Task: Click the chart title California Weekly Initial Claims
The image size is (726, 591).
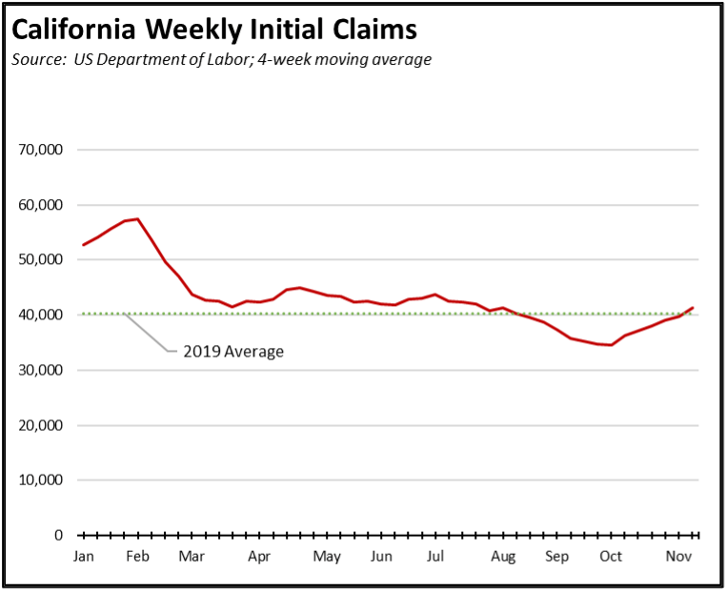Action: pyautogui.click(x=214, y=30)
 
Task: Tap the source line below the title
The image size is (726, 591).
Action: pyautogui.click(x=222, y=60)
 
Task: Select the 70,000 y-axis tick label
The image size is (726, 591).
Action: pyautogui.click(x=40, y=150)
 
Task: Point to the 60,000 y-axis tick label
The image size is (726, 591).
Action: pyautogui.click(x=40, y=205)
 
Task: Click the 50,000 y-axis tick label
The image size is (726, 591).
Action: pyautogui.click(x=40, y=259)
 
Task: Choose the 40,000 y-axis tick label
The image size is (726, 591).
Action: pyautogui.click(x=40, y=315)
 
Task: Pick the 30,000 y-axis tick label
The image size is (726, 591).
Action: pyautogui.click(x=40, y=370)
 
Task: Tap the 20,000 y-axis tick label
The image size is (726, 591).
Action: pyautogui.click(x=40, y=425)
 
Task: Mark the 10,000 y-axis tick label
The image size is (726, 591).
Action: pyautogui.click(x=40, y=479)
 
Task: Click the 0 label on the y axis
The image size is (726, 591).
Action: pyautogui.click(x=57, y=535)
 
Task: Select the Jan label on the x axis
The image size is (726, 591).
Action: pyautogui.click(x=84, y=557)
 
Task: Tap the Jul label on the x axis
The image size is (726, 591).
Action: pyautogui.click(x=435, y=557)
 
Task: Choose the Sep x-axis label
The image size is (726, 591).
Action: pyautogui.click(x=556, y=557)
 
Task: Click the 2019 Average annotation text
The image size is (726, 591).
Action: pyautogui.click(x=233, y=351)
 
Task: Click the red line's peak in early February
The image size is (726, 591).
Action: pyautogui.click(x=138, y=219)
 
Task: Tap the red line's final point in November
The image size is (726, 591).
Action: pyautogui.click(x=693, y=308)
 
